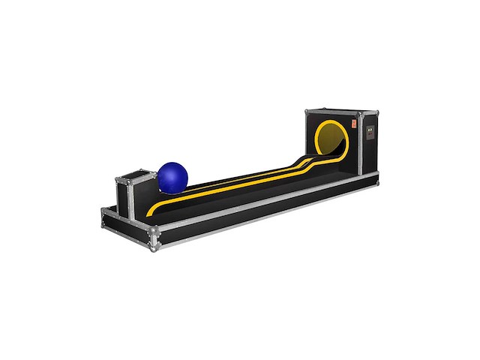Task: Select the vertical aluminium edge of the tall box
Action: click(358, 146)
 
